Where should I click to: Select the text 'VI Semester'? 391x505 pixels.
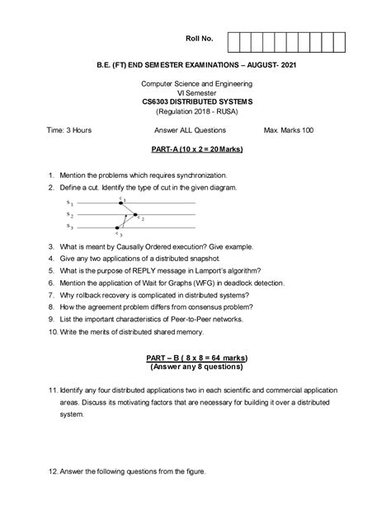195,92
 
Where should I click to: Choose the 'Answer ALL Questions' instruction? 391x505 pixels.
195,130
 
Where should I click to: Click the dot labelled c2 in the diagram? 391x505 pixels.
136,215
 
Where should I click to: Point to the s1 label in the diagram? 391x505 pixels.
70,203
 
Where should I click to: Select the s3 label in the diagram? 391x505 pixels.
70,227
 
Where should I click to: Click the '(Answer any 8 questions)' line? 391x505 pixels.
195,367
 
